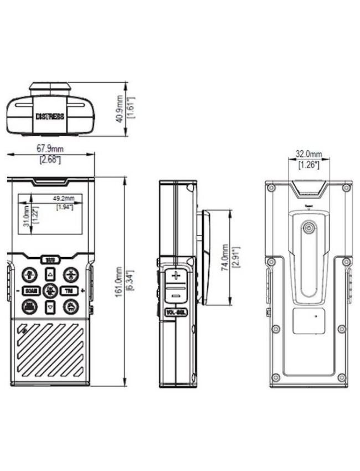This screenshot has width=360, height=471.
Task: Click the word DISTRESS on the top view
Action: point(50,117)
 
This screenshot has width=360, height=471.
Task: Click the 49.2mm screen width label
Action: point(64,198)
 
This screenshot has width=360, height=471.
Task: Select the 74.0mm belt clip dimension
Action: point(224,256)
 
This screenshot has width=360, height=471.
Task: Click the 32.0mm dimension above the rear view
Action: point(308,153)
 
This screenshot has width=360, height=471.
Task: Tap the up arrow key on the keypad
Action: point(50,274)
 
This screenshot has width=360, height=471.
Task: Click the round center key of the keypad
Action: point(50,290)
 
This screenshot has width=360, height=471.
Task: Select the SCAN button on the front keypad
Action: point(32,290)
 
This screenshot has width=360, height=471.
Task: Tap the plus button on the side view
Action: point(176,275)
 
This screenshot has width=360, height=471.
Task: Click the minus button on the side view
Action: point(176,295)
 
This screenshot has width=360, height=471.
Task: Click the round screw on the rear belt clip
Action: point(308,228)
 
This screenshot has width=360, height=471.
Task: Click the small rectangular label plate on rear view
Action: point(308,321)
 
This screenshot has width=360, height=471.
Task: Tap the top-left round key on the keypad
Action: point(30,274)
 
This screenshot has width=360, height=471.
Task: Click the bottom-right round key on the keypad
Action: point(70,306)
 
